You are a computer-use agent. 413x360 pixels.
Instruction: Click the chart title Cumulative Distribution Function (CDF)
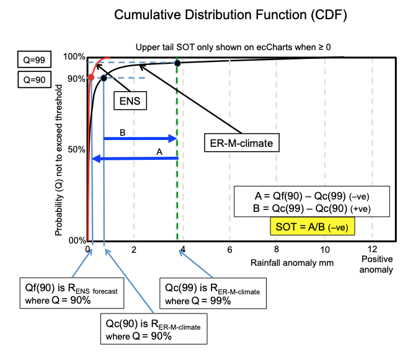[x=231, y=15]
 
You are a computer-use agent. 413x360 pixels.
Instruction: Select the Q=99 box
[x=34, y=59]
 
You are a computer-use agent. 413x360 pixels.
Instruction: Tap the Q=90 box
[x=34, y=79]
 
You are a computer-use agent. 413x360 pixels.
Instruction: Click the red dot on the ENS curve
[x=91, y=77]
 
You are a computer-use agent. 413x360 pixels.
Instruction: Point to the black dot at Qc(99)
[x=177, y=63]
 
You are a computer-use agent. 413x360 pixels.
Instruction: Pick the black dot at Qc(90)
[x=104, y=78]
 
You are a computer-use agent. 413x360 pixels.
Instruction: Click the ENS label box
[x=130, y=100]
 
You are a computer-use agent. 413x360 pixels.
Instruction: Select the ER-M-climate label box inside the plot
[x=241, y=143]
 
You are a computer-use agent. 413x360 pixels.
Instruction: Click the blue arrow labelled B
[x=140, y=138]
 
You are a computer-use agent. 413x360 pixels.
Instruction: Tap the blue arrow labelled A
[x=135, y=159]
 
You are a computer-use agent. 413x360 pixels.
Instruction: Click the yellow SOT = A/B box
[x=313, y=226]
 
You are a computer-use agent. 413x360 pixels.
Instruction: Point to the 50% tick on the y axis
[x=76, y=149]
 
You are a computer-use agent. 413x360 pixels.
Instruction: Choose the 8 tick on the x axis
[x=277, y=249]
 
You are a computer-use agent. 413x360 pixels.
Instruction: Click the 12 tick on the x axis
[x=372, y=249]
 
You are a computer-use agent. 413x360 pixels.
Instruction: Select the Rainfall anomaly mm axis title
[x=292, y=263]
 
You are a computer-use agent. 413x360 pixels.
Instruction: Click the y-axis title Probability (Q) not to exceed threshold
[x=58, y=160]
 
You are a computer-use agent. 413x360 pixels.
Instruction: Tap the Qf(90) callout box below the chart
[x=72, y=293]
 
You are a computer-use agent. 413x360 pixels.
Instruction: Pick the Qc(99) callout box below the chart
[x=213, y=293]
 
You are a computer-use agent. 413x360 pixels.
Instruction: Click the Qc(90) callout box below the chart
[x=154, y=328]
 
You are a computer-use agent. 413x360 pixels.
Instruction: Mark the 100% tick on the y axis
[x=74, y=56]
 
